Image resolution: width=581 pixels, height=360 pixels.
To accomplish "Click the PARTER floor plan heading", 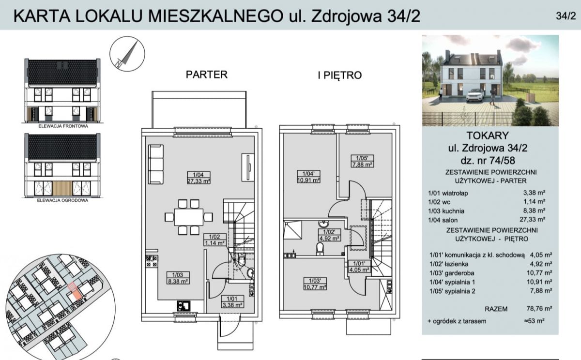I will (207, 75).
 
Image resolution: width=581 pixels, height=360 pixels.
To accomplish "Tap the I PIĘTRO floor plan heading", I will (340, 75).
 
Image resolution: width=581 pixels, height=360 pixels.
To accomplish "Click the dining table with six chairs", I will (189, 217).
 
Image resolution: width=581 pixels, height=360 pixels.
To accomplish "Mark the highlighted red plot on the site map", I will (73, 290).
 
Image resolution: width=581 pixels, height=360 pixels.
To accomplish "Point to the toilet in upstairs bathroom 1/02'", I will (320, 249).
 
